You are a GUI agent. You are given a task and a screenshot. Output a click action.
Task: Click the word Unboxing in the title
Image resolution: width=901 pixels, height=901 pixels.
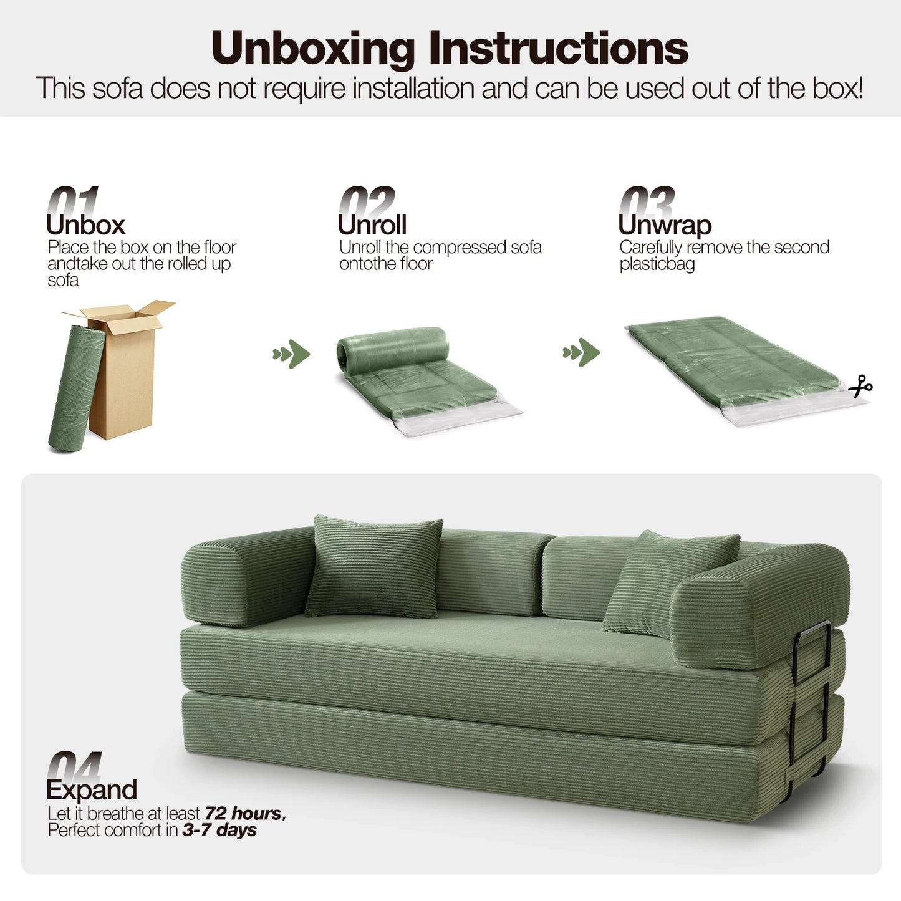point(312,48)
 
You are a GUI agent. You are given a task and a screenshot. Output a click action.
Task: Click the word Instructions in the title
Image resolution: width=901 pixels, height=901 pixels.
point(558,48)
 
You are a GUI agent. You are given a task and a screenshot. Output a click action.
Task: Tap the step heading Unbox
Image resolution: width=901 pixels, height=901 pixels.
point(86,224)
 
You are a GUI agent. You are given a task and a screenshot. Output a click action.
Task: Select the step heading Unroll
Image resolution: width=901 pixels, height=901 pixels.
point(372,224)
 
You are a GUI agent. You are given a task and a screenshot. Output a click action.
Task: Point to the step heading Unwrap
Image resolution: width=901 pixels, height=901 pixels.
point(665,224)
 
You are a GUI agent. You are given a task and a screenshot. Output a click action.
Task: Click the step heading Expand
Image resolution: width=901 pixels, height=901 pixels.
point(92,789)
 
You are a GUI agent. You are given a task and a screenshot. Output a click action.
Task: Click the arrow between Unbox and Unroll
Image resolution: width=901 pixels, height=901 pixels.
point(292,354)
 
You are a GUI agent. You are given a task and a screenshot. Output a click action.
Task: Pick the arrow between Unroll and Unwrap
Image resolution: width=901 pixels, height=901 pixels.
point(582,352)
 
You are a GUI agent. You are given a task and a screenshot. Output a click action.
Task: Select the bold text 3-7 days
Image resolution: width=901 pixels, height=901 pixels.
point(219,830)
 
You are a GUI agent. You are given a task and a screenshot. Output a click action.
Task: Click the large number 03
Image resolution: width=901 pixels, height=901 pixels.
point(647,201)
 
